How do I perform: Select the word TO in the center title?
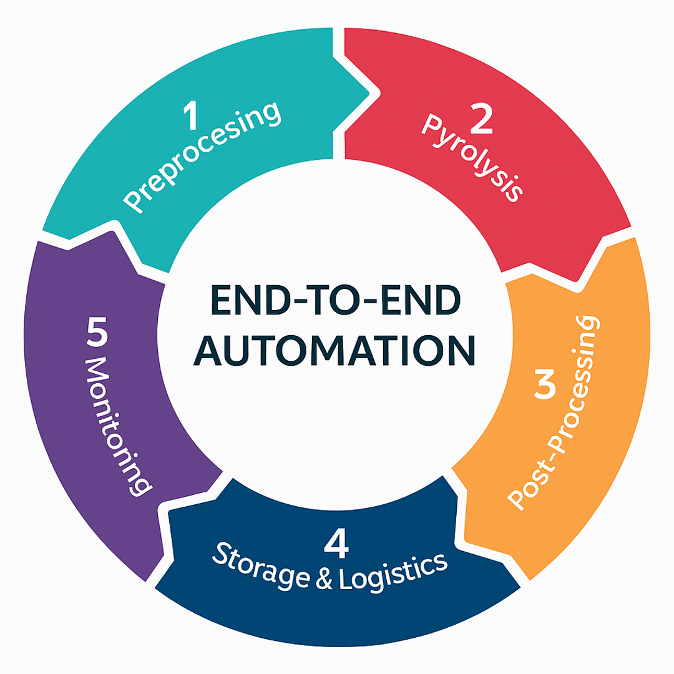pyautogui.click(x=337, y=299)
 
